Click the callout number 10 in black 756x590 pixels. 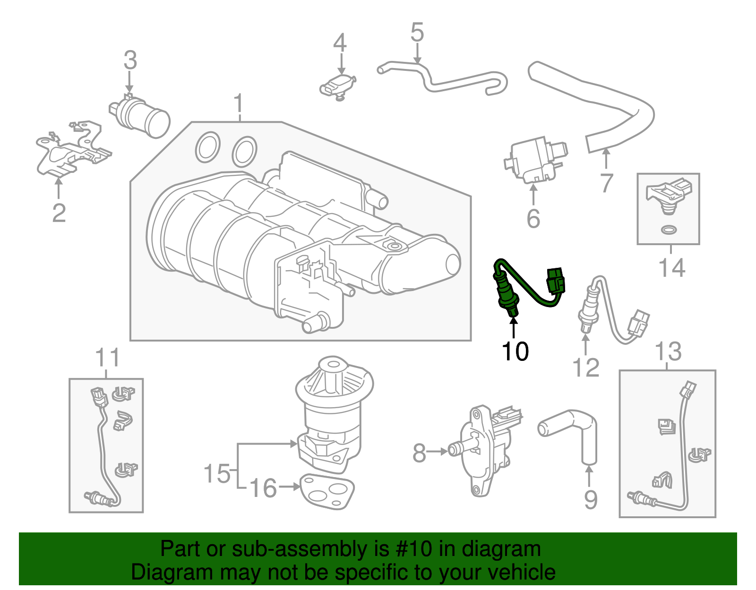click(515, 351)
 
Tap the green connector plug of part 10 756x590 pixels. click(555, 281)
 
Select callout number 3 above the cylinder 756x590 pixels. click(130, 60)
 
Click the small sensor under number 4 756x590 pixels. click(337, 87)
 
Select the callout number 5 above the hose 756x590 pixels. click(417, 33)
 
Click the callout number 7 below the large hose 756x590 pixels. click(607, 183)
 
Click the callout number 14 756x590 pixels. click(671, 268)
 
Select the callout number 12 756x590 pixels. click(586, 368)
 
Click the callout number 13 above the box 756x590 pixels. click(668, 351)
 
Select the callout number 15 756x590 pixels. click(216, 473)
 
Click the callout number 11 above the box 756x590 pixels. click(108, 358)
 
